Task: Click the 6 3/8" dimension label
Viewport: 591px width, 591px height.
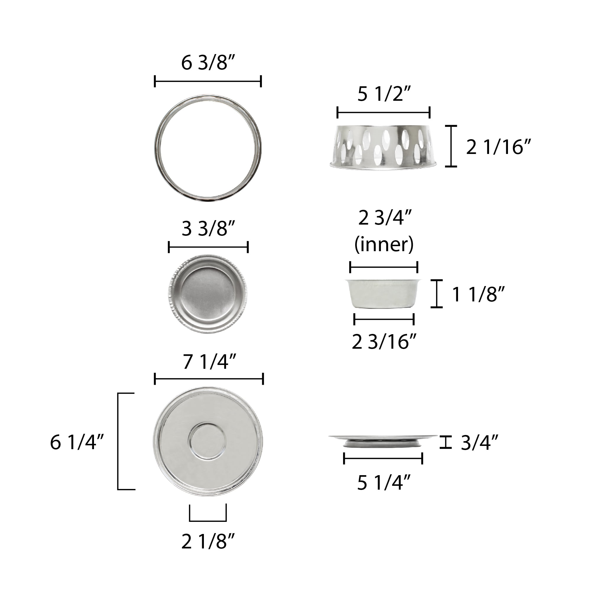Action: [x=208, y=63]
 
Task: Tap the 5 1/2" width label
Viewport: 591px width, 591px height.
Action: [x=384, y=94]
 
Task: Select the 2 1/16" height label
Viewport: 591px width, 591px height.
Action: [x=498, y=147]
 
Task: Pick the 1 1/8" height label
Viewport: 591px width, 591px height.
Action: [x=478, y=294]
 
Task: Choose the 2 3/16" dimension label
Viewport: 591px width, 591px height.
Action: [x=384, y=342]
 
